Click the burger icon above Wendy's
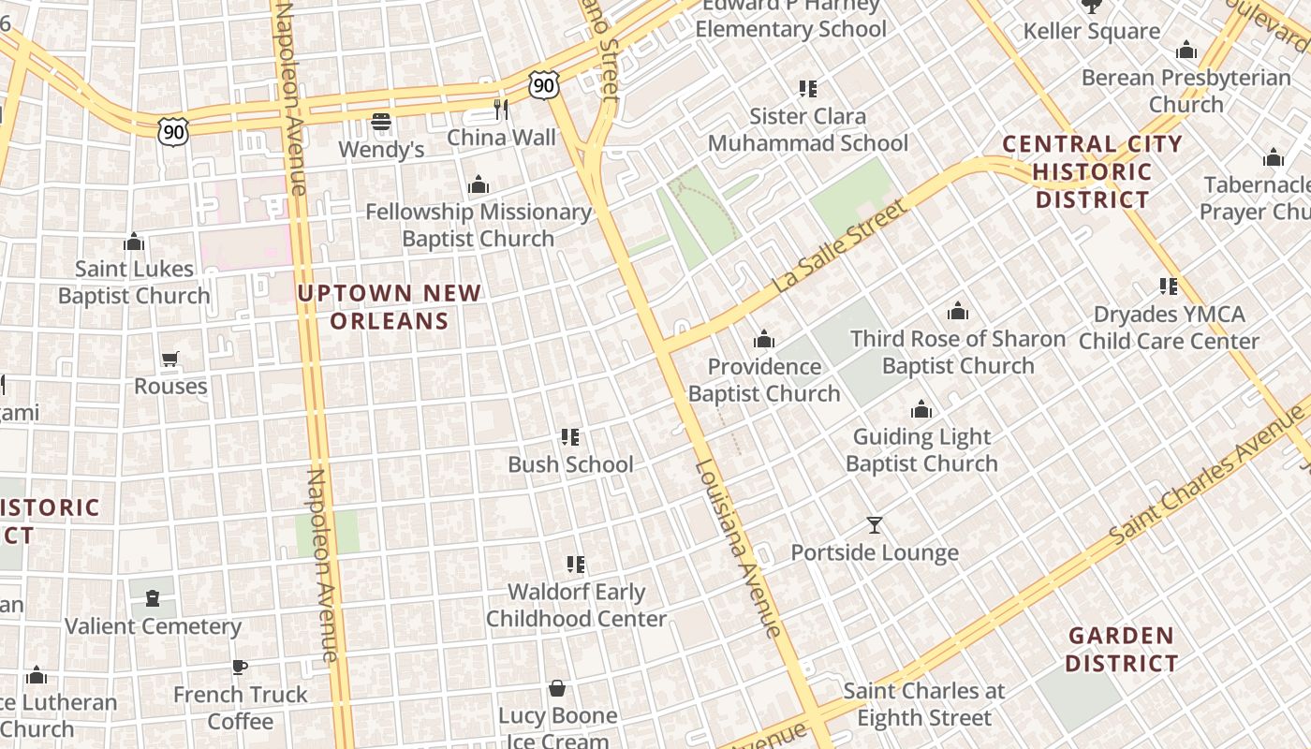[380, 122]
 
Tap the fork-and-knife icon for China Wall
[501, 110]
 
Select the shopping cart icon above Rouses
[169, 360]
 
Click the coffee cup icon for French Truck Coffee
[240, 668]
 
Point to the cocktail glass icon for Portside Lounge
[875, 525]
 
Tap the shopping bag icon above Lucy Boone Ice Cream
[557, 689]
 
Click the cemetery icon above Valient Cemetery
[153, 598]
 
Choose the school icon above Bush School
[570, 437]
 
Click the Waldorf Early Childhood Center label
[576, 606]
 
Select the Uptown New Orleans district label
[389, 307]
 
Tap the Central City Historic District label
[1092, 171]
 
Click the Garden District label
[1121, 649]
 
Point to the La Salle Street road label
[840, 245]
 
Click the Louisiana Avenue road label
[739, 548]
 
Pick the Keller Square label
[1092, 31]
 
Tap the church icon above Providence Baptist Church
[764, 339]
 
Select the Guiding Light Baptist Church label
[921, 450]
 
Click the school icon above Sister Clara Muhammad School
[808, 89]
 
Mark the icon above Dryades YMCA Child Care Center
[1169, 286]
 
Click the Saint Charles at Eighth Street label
[924, 704]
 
